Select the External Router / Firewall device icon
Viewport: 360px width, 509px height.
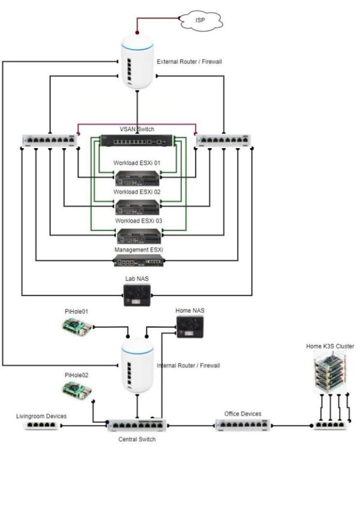137,62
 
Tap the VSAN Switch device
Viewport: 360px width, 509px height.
137,142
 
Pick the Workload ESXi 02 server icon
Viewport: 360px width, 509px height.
137,206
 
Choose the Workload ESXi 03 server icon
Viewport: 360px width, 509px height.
137,235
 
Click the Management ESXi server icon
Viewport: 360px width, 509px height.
137,261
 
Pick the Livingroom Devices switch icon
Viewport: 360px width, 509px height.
41,426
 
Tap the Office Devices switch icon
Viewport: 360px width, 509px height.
242,426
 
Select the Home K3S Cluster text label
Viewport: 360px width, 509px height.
329,346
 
